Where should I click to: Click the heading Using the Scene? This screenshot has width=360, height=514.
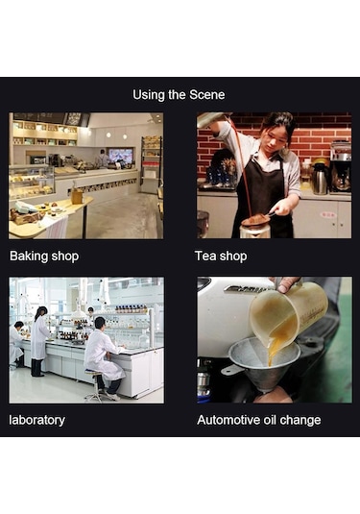179,95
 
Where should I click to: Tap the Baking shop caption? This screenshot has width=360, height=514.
44,256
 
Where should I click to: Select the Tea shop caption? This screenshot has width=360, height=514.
221,256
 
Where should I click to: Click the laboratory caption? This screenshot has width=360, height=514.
37,420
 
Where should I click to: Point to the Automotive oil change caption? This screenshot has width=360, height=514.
259,420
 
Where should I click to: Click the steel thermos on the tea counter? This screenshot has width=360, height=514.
320,179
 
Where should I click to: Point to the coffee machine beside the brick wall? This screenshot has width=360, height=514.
341,166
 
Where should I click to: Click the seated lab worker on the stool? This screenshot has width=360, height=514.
103,353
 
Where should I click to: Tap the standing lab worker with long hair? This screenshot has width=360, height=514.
39,341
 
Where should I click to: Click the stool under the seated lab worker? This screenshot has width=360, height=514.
94,387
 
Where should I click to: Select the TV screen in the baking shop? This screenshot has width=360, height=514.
121,155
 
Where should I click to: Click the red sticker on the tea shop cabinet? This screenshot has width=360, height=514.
328,215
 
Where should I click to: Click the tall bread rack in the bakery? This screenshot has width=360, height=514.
152,164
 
